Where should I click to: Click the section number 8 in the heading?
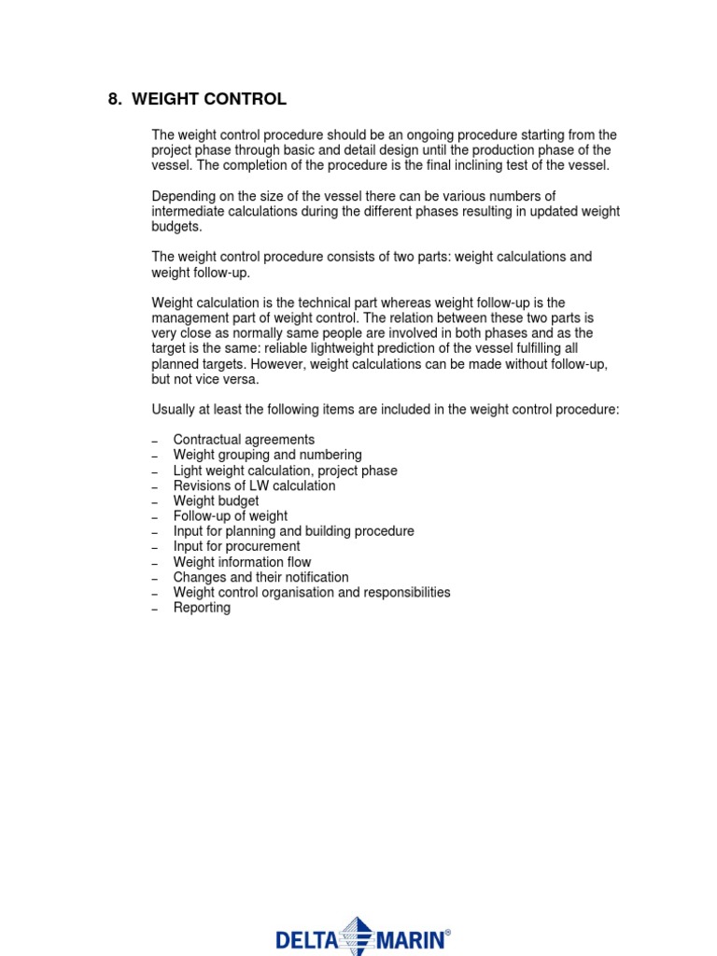(x=114, y=100)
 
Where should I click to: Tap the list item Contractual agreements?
(x=244, y=440)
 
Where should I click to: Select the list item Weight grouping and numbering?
(x=267, y=455)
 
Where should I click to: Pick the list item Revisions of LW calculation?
(x=254, y=485)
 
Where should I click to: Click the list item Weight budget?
(x=216, y=501)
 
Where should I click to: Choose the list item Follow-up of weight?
(x=230, y=516)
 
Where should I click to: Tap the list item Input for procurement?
(x=236, y=547)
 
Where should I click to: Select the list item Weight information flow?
(x=242, y=562)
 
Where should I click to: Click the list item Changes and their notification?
(x=260, y=578)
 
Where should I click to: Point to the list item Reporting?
(x=202, y=608)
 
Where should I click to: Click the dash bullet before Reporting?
(x=155, y=610)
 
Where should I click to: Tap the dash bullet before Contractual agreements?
(x=155, y=441)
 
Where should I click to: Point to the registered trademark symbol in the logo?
(x=447, y=932)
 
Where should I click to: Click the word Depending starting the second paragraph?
(x=182, y=196)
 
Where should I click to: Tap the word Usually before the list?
(x=175, y=409)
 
